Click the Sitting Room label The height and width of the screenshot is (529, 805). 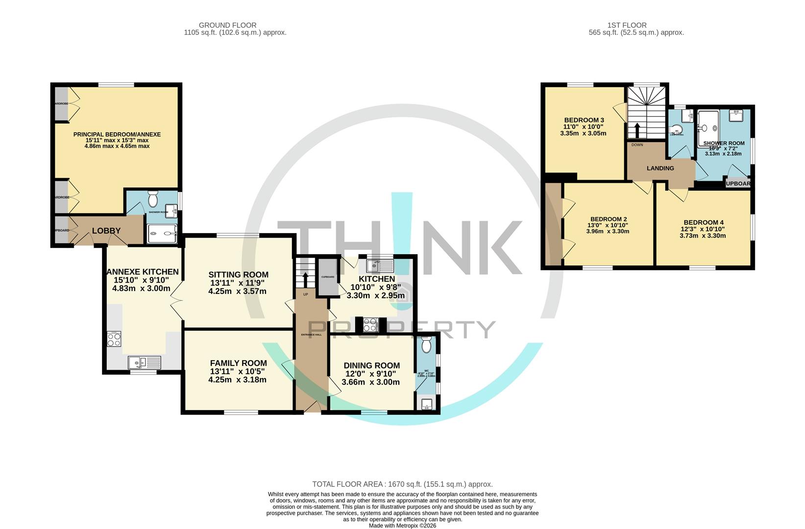[238, 275]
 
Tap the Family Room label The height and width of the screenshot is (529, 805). [238, 363]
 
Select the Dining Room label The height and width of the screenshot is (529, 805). [371, 366]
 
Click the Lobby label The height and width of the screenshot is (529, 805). [106, 231]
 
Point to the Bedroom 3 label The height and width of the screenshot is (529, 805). [584, 120]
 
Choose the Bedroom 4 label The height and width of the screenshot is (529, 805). [703, 222]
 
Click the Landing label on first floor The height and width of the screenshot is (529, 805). [660, 168]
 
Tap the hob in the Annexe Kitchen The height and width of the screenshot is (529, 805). [114, 339]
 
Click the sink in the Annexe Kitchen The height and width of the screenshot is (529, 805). [144, 363]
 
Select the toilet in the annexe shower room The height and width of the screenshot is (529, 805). [152, 199]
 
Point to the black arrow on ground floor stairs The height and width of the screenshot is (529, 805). [305, 279]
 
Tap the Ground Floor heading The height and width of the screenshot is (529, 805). [227, 25]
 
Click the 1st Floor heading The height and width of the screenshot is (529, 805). [627, 25]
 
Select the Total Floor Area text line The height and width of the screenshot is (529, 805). [402, 484]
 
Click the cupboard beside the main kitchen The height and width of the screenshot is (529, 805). [328, 278]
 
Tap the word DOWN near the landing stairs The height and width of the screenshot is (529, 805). [637, 145]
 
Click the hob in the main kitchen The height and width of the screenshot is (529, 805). [369, 324]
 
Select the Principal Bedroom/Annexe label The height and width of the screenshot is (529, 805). [117, 135]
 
